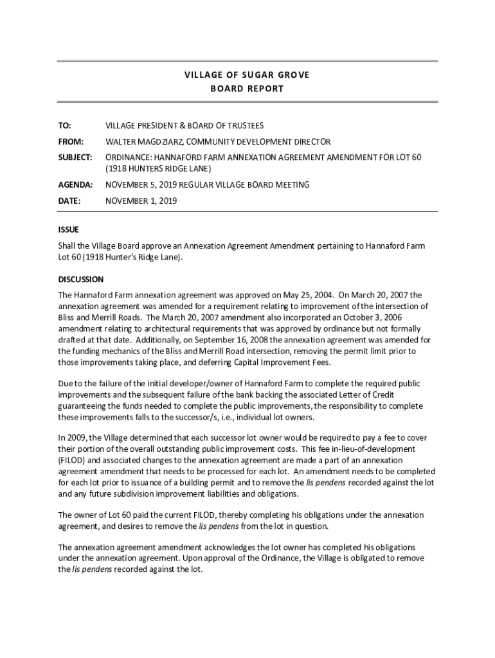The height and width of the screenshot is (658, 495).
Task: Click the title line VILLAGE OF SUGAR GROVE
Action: (x=247, y=75)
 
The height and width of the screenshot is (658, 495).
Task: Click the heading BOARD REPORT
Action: (x=247, y=89)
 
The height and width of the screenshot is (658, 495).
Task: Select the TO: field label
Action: (x=65, y=126)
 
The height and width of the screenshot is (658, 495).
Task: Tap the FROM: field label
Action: (x=71, y=141)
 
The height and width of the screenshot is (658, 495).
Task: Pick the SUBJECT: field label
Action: (x=75, y=157)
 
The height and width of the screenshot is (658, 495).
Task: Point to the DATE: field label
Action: (x=69, y=200)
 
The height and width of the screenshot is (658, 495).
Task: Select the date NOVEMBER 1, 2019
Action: (x=141, y=200)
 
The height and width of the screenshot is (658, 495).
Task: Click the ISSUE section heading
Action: (x=68, y=229)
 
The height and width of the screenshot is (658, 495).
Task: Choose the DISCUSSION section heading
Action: (x=80, y=280)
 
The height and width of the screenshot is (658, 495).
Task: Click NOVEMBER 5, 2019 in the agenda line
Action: (x=141, y=184)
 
